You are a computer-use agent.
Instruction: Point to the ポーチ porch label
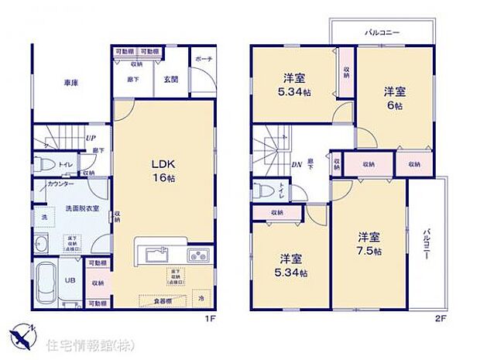point(203,59)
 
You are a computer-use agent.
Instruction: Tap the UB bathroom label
point(70,280)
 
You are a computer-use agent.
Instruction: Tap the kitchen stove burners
point(197,255)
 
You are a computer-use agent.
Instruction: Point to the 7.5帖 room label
point(369,242)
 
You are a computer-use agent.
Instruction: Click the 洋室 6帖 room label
point(395,98)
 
